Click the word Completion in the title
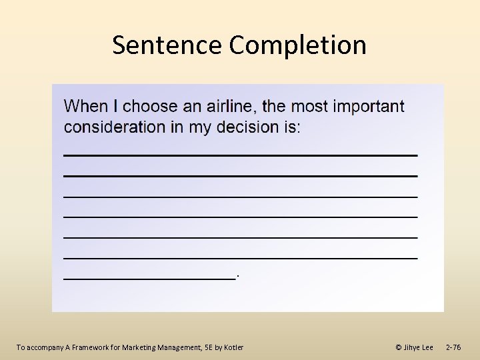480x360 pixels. point(297,45)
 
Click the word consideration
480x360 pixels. point(115,127)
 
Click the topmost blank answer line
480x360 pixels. point(240,155)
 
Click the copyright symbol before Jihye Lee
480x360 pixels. point(399,347)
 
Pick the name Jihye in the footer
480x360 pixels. point(412,347)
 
